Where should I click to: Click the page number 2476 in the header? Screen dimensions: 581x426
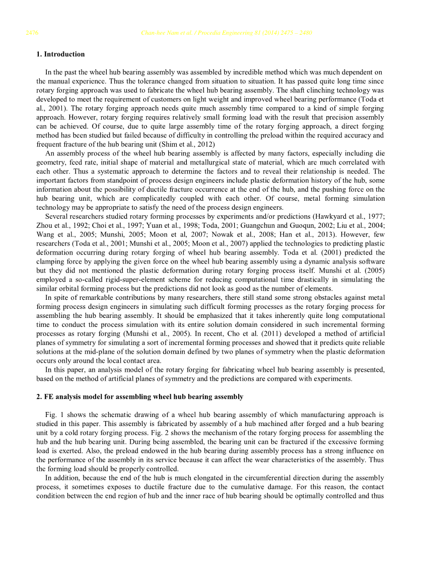coord(32,33)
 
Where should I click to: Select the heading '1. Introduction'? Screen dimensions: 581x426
coord(60,54)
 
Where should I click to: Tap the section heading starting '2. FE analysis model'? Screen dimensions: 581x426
coord(139,397)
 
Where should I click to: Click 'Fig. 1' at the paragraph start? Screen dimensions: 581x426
coord(52,415)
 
